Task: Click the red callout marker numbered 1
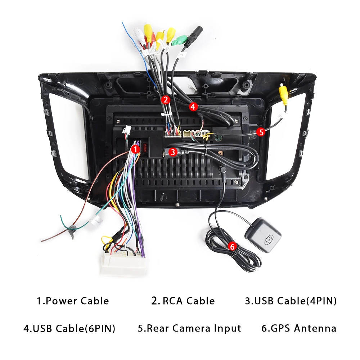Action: (136, 148)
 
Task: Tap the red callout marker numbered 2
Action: (165, 100)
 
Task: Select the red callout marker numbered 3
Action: (173, 152)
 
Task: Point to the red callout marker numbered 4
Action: (193, 107)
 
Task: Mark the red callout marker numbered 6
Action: (232, 247)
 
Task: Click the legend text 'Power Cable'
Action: (73, 301)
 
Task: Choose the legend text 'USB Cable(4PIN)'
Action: (291, 301)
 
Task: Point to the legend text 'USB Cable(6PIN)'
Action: (69, 328)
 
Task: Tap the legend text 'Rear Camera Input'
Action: (189, 328)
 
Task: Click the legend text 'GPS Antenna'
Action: (299, 328)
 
